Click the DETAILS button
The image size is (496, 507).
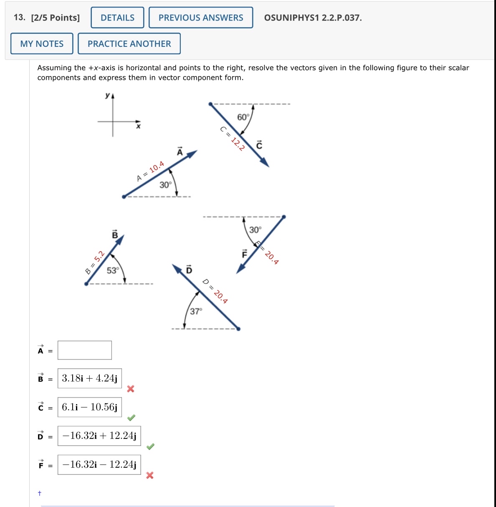(117, 18)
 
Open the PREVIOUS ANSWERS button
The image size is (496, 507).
(201, 18)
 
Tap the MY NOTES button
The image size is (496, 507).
(42, 43)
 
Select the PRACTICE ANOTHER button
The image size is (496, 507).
(129, 43)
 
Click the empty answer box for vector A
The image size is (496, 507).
(85, 350)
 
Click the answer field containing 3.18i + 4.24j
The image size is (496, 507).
(90, 379)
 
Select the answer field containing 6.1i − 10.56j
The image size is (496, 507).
(90, 407)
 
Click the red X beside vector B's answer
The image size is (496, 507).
(131, 389)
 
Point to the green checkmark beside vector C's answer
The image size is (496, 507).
(131, 418)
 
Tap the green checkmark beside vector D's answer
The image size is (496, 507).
(150, 446)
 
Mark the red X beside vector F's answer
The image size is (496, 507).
(150, 475)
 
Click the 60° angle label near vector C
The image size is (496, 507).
(243, 117)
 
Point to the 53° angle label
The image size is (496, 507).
(113, 270)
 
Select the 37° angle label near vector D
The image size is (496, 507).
(196, 311)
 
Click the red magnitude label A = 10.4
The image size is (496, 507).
(150, 171)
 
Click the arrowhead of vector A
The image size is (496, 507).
(192, 155)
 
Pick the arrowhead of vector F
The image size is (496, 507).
(241, 269)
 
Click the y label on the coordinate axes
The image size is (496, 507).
(108, 95)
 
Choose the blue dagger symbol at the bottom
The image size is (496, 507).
(40, 493)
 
